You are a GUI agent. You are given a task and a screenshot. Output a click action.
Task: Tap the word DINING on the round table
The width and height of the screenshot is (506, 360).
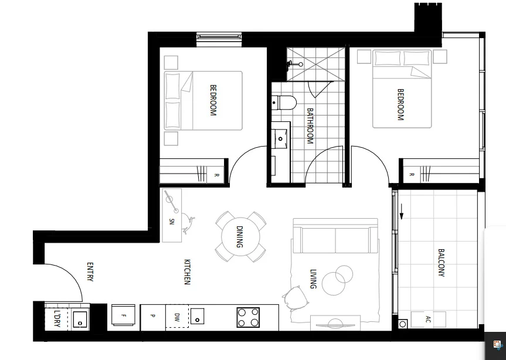coord(240,237)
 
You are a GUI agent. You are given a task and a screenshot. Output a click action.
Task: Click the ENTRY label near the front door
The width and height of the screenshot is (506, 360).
coord(90,271)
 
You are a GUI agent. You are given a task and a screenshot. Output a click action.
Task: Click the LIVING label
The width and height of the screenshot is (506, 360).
coord(313,279)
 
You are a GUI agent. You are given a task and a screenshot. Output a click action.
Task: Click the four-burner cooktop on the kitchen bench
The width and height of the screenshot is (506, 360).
coord(248,318)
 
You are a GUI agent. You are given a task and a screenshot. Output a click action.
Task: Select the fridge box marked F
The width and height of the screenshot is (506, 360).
coord(123,317)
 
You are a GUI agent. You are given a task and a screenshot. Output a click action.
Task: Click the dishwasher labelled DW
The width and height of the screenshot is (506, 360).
coord(176,317)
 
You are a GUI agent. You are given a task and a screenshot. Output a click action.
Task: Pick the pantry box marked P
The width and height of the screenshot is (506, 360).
coord(152,317)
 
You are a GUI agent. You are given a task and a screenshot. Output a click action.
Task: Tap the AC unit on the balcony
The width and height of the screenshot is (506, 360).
coord(427,320)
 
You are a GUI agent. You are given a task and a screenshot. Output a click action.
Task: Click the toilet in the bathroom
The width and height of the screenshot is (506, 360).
coord(286,103)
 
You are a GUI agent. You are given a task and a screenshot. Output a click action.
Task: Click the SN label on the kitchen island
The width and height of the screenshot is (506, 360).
coord(172,221)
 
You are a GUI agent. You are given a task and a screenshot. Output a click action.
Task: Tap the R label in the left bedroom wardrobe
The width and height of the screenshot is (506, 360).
coord(216,175)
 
